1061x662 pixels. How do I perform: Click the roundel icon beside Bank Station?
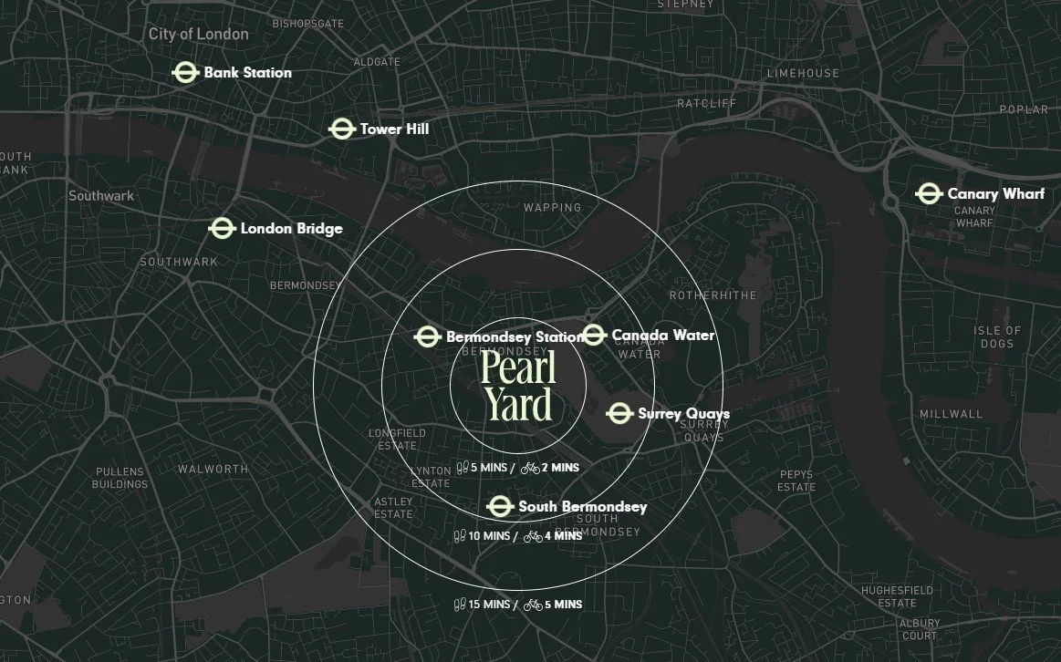click(x=185, y=73)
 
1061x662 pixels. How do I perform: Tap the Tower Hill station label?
click(x=394, y=129)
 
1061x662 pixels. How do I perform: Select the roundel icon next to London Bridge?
click(x=222, y=228)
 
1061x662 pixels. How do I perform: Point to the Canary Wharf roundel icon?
click(x=929, y=194)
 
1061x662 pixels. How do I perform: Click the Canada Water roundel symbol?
click(x=594, y=336)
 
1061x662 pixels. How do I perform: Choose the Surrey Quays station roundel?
click(x=619, y=414)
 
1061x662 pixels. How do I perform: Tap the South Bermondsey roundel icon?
click(x=499, y=507)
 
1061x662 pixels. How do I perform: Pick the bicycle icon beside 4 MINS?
click(x=533, y=536)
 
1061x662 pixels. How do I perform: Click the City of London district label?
click(x=198, y=34)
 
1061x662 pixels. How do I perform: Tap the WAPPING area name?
click(x=552, y=208)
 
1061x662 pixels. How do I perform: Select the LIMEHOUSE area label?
click(x=803, y=74)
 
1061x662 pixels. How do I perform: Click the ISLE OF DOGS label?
click(x=997, y=337)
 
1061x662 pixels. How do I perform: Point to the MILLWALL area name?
click(x=951, y=414)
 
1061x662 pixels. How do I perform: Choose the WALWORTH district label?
click(x=213, y=469)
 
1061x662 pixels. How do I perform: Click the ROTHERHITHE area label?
click(x=713, y=296)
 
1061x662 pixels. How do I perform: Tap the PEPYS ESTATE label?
click(x=796, y=481)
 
